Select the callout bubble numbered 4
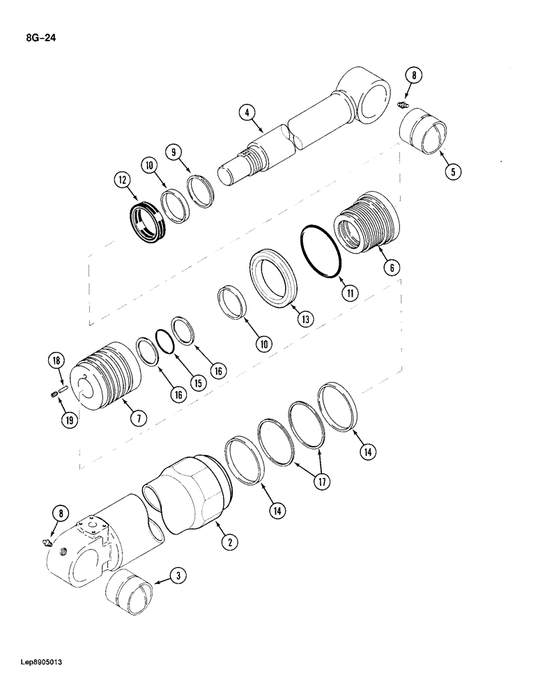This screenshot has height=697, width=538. coord(245,112)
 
